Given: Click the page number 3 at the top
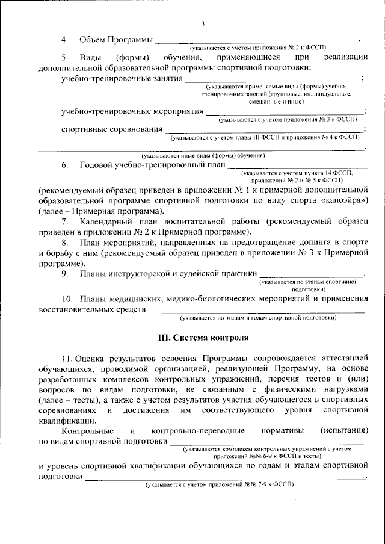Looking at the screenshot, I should (203, 23).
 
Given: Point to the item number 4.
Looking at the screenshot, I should (64, 39).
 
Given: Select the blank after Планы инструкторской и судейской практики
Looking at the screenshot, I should (312, 275).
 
